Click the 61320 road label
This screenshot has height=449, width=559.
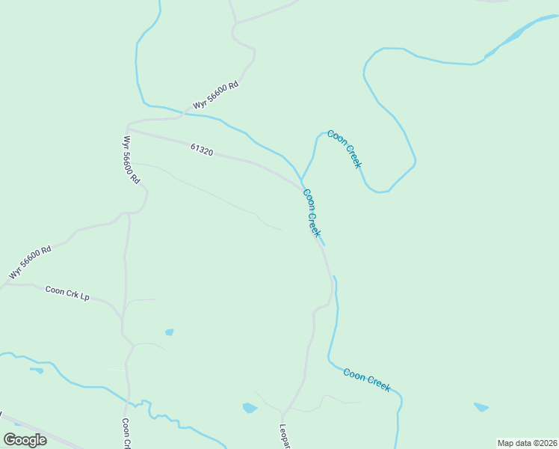(202, 150)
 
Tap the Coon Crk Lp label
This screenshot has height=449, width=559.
(67, 293)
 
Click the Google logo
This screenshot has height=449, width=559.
(25, 439)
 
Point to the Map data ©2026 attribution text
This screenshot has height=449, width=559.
(527, 443)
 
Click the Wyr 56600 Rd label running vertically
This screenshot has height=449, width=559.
(132, 160)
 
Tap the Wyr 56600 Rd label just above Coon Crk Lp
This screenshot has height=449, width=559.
(30, 263)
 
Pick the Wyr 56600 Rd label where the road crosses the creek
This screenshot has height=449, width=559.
(214, 95)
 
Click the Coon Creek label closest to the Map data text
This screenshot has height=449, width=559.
(367, 379)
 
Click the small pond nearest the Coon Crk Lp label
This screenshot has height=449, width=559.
(170, 332)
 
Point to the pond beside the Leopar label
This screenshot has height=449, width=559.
(250, 408)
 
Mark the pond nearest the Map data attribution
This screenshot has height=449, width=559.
(481, 407)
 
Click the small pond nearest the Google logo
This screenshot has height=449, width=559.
(36, 370)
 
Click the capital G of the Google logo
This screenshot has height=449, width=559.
(10, 439)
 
